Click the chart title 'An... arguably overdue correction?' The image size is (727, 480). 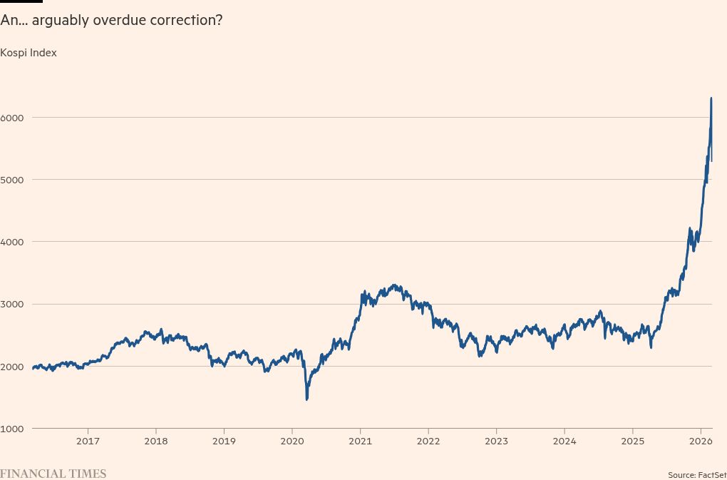click(x=111, y=20)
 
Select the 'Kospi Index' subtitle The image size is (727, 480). click(x=29, y=53)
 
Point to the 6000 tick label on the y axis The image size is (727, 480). click(x=13, y=117)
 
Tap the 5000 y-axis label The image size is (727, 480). click(x=13, y=179)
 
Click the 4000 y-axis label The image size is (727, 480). click(x=13, y=242)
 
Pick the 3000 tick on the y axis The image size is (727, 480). click(x=13, y=304)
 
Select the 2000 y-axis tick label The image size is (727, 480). click(x=13, y=367)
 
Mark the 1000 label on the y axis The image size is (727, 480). click(x=13, y=429)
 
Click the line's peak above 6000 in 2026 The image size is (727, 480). click(x=711, y=98)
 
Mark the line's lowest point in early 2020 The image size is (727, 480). click(x=306, y=399)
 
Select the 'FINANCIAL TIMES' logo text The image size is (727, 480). click(x=53, y=474)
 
